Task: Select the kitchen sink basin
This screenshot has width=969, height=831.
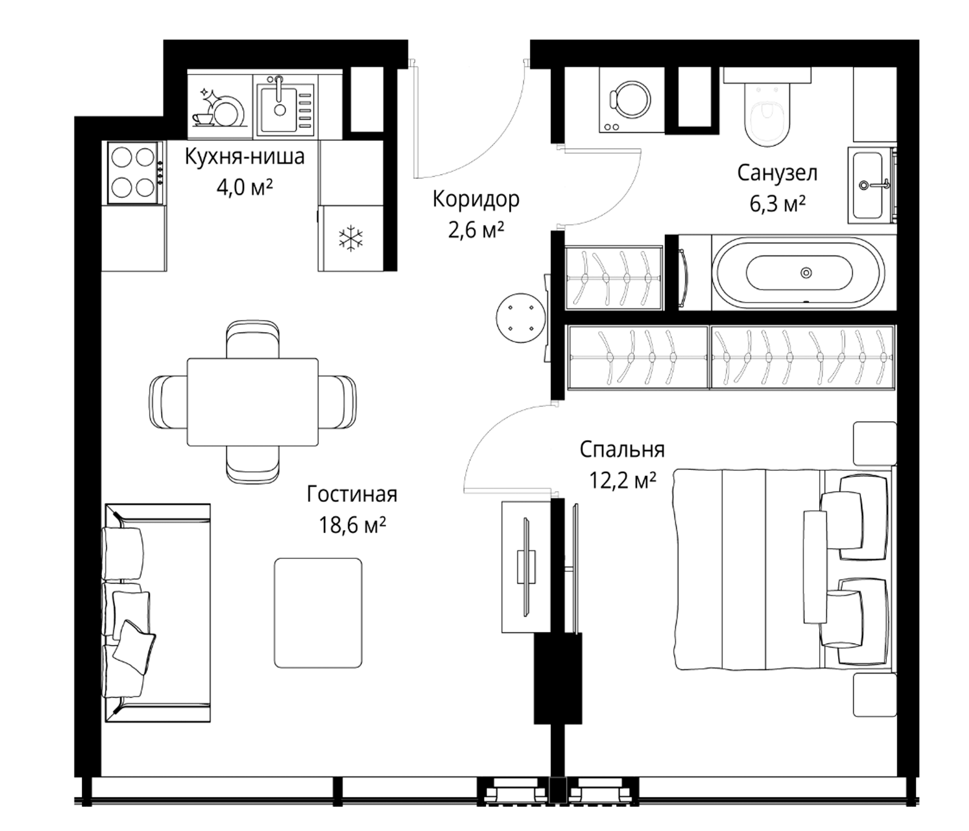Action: click(x=279, y=109)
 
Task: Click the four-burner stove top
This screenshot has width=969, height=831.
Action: click(x=134, y=173)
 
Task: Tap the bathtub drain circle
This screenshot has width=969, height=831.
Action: click(x=806, y=272)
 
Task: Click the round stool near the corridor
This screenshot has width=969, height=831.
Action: click(x=521, y=318)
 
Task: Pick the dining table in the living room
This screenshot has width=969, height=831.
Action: click(x=252, y=402)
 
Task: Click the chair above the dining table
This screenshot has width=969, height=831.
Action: click(x=252, y=340)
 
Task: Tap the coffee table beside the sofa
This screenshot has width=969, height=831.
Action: click(x=318, y=613)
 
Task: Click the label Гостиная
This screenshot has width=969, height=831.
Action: click(x=352, y=494)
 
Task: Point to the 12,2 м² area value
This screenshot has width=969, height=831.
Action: click(x=622, y=481)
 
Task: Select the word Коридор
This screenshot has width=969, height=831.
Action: click(x=476, y=199)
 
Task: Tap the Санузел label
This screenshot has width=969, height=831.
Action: click(x=777, y=173)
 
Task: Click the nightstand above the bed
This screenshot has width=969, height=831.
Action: click(x=875, y=444)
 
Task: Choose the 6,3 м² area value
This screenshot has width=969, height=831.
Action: click(x=777, y=205)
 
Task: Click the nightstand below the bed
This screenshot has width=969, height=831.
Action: click(x=875, y=695)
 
